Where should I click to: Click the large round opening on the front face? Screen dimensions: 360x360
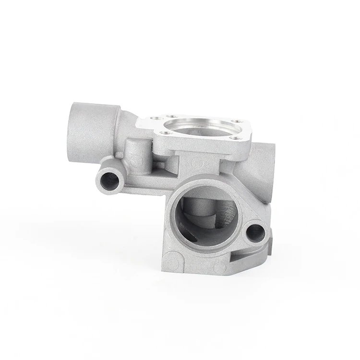pyautogui.click(x=204, y=216)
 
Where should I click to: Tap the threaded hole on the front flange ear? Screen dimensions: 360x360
pyautogui.click(x=255, y=232)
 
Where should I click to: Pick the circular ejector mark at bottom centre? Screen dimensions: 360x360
pyautogui.click(x=219, y=266)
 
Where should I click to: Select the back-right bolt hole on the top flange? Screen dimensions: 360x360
pyautogui.click(x=234, y=121)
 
